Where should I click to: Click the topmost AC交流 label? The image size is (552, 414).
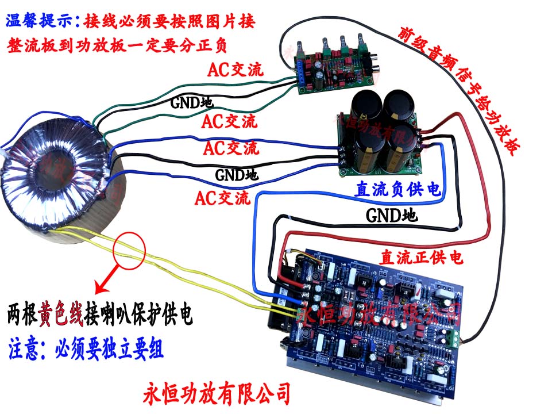pyautogui.click(x=235, y=70)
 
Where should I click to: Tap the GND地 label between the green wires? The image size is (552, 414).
pyautogui.click(x=191, y=103)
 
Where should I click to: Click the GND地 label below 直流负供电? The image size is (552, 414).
pyautogui.click(x=392, y=217)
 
